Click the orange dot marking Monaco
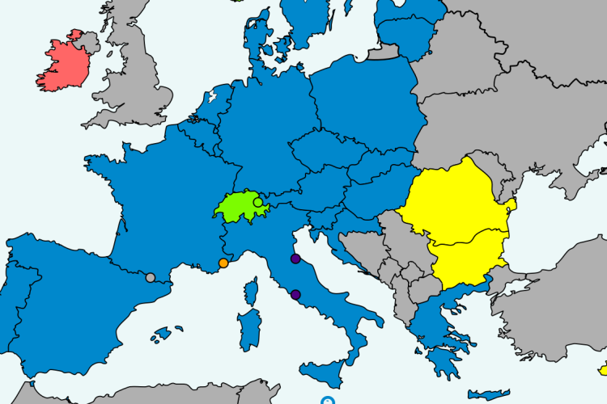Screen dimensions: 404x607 coord(223,263)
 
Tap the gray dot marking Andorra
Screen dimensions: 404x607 coord(150,278)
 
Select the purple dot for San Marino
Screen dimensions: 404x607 coord(295,259)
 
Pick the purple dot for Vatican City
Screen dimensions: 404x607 coord(295,294)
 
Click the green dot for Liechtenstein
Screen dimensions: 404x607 coord(257,202)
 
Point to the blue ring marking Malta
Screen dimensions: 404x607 coord(326,400)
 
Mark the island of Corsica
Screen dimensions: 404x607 coord(253,289)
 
